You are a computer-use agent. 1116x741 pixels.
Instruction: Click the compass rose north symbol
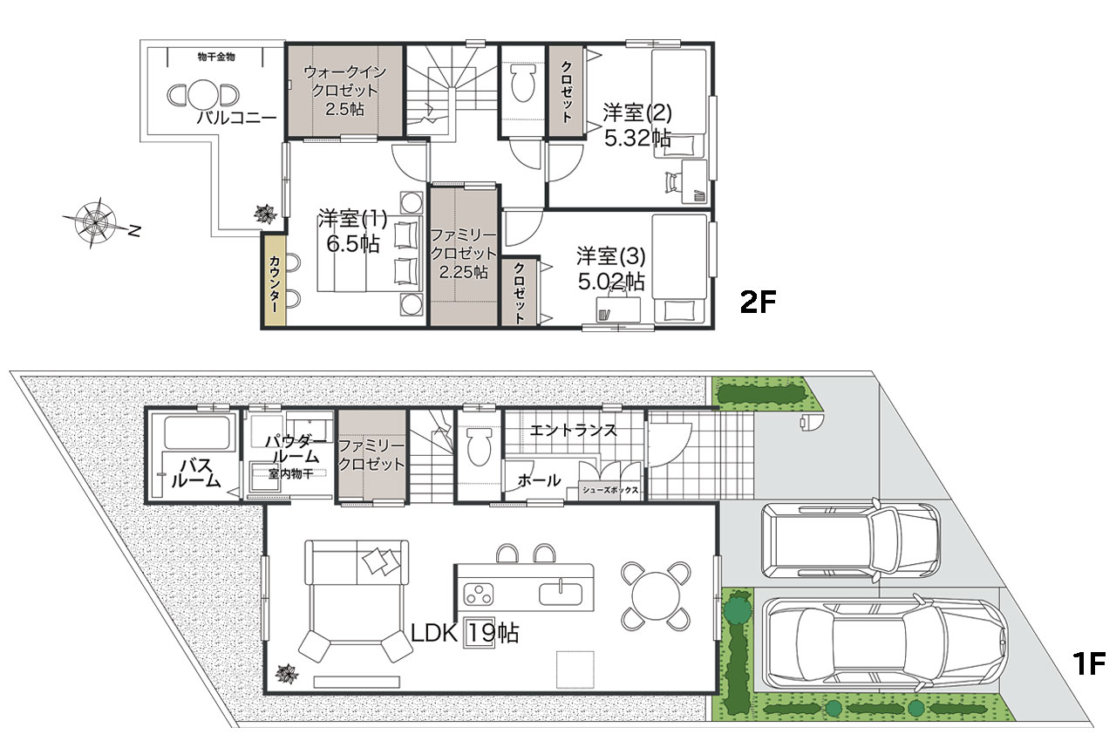[x=96, y=222]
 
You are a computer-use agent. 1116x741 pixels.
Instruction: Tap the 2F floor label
[x=758, y=303]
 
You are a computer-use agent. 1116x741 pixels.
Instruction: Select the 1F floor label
[x=1088, y=663]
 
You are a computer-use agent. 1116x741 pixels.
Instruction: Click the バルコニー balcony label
[x=236, y=118]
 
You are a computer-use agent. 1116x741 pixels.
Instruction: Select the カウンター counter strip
[x=274, y=281]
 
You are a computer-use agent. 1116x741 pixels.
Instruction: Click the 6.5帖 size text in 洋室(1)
[x=353, y=244]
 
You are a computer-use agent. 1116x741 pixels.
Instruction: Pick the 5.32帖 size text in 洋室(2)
[x=637, y=138]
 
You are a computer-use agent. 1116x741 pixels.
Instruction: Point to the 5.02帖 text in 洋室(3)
[x=611, y=282]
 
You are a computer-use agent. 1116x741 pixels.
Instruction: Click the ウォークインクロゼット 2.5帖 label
[x=344, y=91]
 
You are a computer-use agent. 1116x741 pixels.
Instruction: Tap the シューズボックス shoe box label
[x=610, y=490]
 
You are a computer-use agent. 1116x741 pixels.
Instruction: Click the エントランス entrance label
[x=573, y=430]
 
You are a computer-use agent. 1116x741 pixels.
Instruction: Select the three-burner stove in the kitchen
[x=479, y=594]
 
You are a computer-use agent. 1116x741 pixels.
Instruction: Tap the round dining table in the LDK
[x=656, y=595]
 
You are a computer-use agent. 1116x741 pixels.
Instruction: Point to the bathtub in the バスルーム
[x=198, y=432]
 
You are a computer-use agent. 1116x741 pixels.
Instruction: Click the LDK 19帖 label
[x=465, y=633]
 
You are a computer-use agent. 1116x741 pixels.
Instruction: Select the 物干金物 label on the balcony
[x=216, y=57]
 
